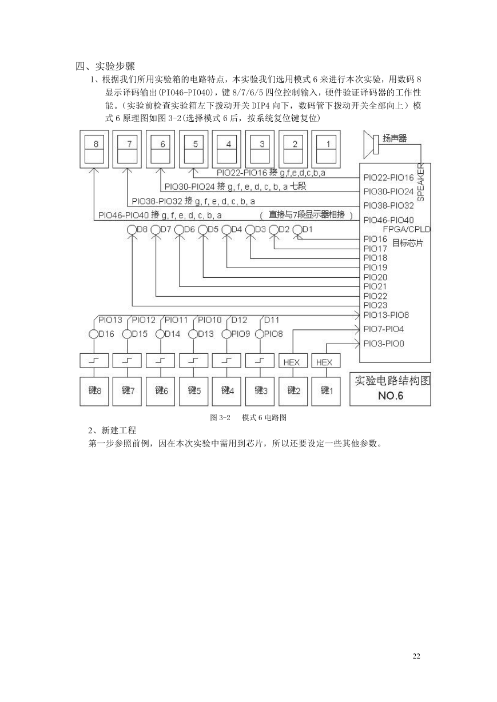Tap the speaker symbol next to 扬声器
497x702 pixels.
pos(371,145)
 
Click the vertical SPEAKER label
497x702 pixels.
pos(421,182)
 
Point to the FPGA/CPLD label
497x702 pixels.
pos(407,229)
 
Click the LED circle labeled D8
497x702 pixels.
pos(132,230)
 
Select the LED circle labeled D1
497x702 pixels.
pos(297,230)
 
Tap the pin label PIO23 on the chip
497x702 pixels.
pos(375,305)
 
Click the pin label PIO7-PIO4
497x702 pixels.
pos(384,329)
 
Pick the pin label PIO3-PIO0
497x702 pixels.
pos(384,344)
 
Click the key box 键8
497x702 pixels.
pos(94,392)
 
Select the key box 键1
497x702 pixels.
pos(326,392)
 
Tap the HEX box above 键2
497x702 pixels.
pos(293,361)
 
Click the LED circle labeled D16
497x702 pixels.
pos(93,334)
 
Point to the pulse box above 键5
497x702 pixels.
pos(193,361)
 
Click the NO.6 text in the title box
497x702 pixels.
pos(391,396)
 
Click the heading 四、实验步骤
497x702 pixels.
pos(105,66)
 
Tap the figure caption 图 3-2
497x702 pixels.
pos(220,417)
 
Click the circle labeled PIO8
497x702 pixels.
pos(259,334)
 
